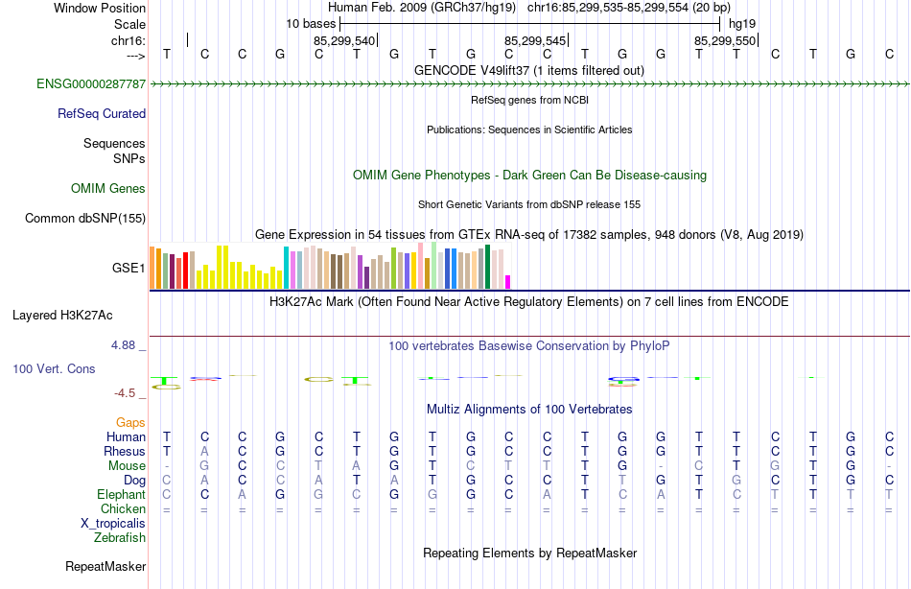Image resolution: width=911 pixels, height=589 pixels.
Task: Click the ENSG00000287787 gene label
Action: coord(91,84)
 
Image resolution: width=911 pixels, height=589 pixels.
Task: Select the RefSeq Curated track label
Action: coord(102,114)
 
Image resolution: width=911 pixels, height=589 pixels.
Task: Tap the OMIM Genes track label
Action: coord(108,189)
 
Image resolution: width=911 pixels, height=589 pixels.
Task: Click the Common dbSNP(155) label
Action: coord(85,219)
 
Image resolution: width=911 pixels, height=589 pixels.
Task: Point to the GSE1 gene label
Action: coord(128,268)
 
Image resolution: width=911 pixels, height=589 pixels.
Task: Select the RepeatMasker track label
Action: coord(105,567)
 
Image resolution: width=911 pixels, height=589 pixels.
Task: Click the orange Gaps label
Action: coord(130,422)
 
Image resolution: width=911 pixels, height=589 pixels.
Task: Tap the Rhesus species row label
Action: coord(125,451)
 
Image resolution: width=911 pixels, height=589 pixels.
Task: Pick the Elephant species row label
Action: coord(121,494)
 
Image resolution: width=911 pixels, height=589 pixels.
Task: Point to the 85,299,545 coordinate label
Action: coord(535,40)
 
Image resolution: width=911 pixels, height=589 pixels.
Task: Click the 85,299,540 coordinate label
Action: coord(344,40)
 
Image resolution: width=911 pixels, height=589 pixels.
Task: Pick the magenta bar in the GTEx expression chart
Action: coord(507,282)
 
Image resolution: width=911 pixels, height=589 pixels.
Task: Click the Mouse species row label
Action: coord(127,465)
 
